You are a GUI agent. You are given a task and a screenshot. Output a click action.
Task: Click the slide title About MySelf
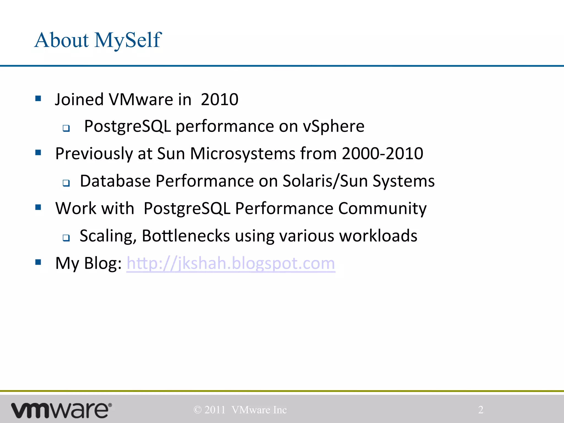click(x=98, y=40)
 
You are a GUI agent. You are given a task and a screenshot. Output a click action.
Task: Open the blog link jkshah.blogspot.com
click(x=231, y=263)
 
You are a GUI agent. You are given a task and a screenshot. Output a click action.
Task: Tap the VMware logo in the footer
click(x=61, y=410)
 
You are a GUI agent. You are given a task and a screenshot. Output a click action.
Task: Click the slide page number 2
click(x=481, y=410)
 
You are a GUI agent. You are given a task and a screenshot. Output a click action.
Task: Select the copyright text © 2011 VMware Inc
click(x=240, y=410)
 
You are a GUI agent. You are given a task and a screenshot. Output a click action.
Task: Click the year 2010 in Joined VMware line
click(x=219, y=99)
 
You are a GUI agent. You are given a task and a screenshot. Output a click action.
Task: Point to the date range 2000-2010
click(x=382, y=153)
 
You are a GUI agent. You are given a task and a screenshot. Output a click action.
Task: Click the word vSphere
click(x=333, y=126)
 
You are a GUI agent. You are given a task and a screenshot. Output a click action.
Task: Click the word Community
click(x=382, y=208)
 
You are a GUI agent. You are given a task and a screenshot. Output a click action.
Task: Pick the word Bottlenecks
click(x=186, y=236)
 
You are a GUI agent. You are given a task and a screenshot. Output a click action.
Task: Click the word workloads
click(x=378, y=236)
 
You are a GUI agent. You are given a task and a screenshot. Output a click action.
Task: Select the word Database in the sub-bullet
click(x=115, y=181)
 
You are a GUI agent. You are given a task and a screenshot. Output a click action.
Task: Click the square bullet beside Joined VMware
click(x=38, y=99)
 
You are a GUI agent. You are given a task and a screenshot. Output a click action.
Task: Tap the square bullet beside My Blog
click(x=38, y=262)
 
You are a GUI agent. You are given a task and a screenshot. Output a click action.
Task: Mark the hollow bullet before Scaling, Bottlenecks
click(x=66, y=237)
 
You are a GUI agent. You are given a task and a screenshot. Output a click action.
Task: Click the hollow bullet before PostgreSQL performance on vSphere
click(x=66, y=128)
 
